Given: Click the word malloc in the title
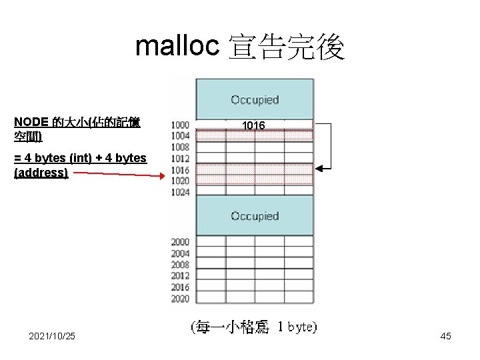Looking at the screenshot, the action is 177,47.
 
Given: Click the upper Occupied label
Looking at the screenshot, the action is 255,100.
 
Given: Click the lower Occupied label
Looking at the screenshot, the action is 255,216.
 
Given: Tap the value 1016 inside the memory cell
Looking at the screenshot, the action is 253,125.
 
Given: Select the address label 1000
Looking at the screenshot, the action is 180,125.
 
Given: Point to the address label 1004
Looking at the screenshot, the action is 180,136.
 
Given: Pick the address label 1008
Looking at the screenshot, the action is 180,147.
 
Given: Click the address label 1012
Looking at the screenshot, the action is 180,159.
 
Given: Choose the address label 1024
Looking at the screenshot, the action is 180,192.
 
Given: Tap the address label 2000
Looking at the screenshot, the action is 180,242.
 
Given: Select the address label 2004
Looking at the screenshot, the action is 180,253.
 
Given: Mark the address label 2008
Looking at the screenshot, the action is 180,265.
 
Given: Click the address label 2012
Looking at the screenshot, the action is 180,275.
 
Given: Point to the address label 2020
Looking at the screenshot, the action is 180,298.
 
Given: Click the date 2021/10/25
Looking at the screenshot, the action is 52,336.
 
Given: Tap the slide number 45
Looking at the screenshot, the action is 445,336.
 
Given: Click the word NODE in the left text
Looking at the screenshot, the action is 31,122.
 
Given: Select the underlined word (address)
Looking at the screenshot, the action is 41,173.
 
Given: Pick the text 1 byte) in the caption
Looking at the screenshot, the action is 297,327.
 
